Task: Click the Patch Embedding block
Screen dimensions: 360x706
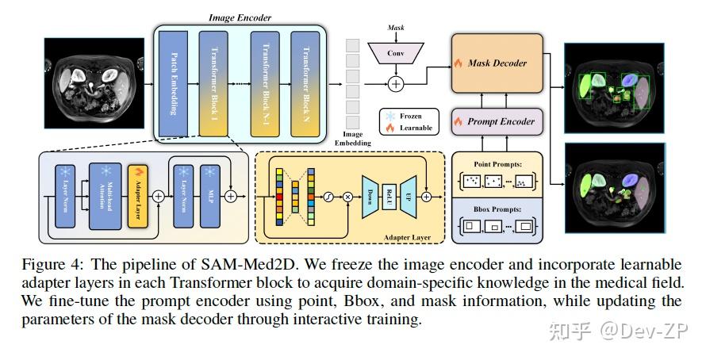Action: pyautogui.click(x=173, y=73)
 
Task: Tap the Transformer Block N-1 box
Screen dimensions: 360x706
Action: pyautogui.click(x=264, y=73)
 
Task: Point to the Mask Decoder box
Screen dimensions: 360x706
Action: pyautogui.click(x=497, y=63)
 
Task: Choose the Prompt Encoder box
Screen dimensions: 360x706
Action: pyautogui.click(x=497, y=122)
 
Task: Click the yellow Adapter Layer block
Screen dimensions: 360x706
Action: pyautogui.click(x=139, y=195)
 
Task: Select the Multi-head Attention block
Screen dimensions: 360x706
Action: pyautogui.click(x=104, y=195)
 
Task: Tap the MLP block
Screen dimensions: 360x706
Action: pyautogui.click(x=210, y=195)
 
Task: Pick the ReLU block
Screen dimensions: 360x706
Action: pyautogui.click(x=390, y=195)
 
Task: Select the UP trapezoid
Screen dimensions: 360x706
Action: pyautogui.click(x=409, y=195)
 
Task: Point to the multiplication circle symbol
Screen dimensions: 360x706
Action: pyautogui.click(x=347, y=195)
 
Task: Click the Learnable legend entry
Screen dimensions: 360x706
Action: pyautogui.click(x=409, y=128)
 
